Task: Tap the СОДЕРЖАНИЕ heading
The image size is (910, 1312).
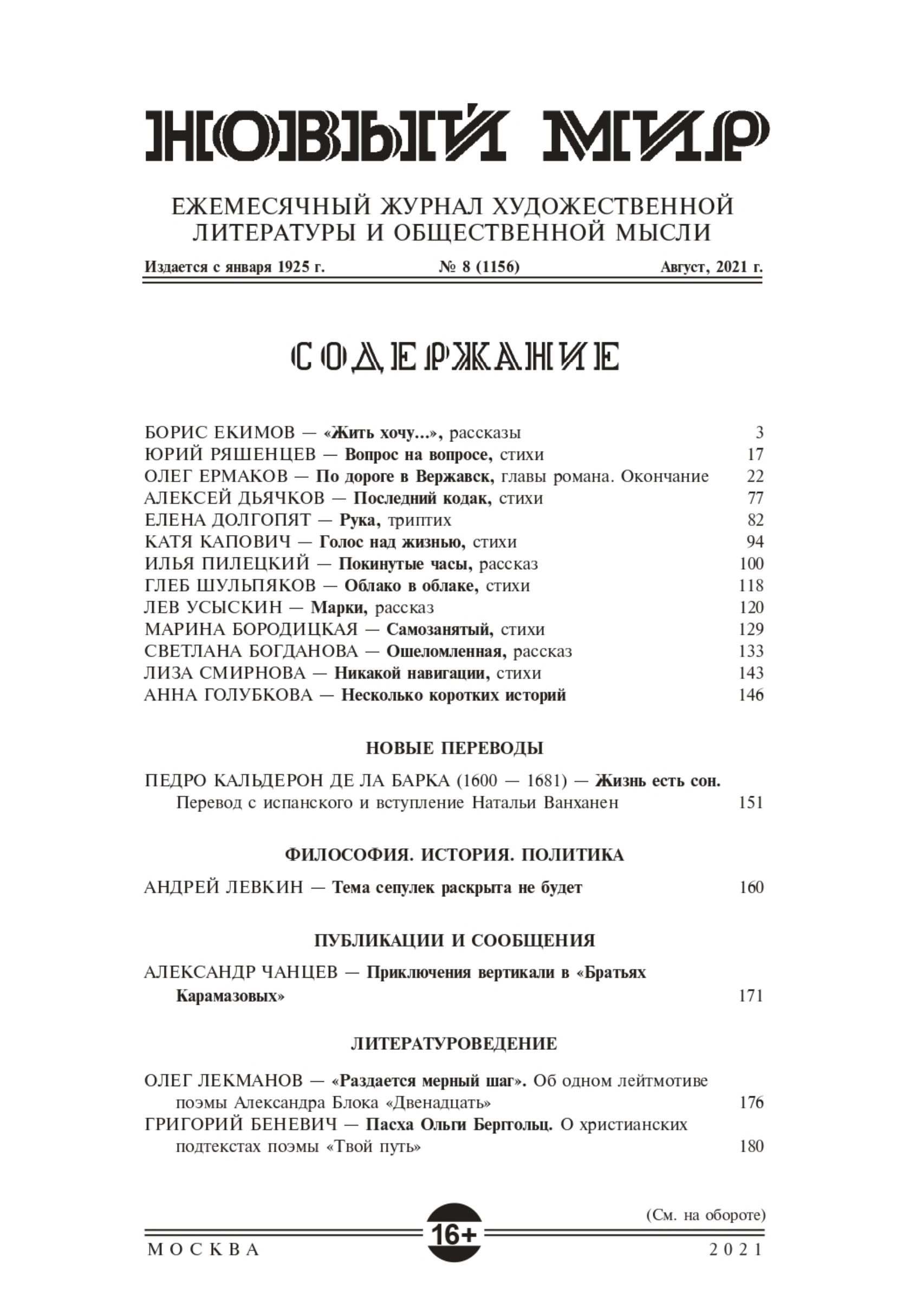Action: click(x=454, y=358)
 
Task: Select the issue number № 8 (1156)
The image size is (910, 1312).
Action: click(x=479, y=267)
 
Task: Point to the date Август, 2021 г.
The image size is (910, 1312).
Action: click(x=712, y=267)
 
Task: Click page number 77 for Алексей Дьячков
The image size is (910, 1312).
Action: click(x=755, y=498)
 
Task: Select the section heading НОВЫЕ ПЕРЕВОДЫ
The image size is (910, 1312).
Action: click(x=454, y=748)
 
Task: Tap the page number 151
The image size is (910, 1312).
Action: click(x=751, y=802)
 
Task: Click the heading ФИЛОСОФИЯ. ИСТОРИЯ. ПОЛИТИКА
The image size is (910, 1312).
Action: click(x=454, y=855)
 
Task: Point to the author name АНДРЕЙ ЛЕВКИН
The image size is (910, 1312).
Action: click(x=224, y=887)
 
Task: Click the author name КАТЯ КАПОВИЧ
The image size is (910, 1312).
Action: click(x=217, y=542)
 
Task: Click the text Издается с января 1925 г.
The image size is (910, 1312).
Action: click(x=235, y=267)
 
